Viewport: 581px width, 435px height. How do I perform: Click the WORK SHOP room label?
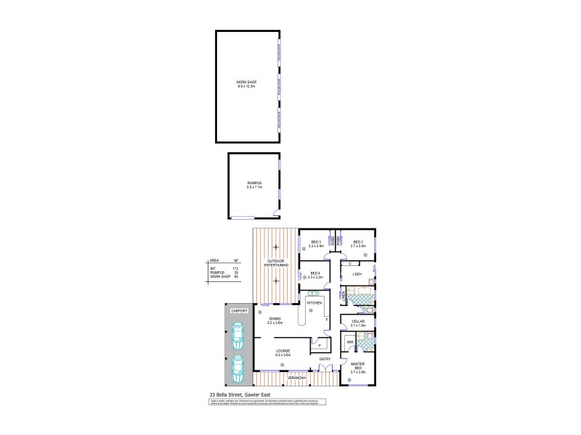pos(247,83)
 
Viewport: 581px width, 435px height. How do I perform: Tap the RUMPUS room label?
pos(253,183)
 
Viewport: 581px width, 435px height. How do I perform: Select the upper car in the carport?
pos(237,334)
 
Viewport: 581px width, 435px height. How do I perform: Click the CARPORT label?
pos(239,310)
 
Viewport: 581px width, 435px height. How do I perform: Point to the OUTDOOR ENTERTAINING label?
pos(276,262)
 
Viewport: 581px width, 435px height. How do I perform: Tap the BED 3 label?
pos(316,242)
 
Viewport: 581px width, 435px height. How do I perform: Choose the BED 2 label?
pos(358,242)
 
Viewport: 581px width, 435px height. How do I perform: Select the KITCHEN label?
pos(314,302)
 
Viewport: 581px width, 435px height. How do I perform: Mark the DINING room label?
pos(275,319)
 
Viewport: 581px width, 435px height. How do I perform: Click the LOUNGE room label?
pos(283,352)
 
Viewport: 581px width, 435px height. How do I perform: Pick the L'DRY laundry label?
pos(357,274)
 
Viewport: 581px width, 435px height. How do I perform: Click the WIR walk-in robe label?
pos(349,341)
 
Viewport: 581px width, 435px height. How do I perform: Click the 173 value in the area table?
pos(235,268)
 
